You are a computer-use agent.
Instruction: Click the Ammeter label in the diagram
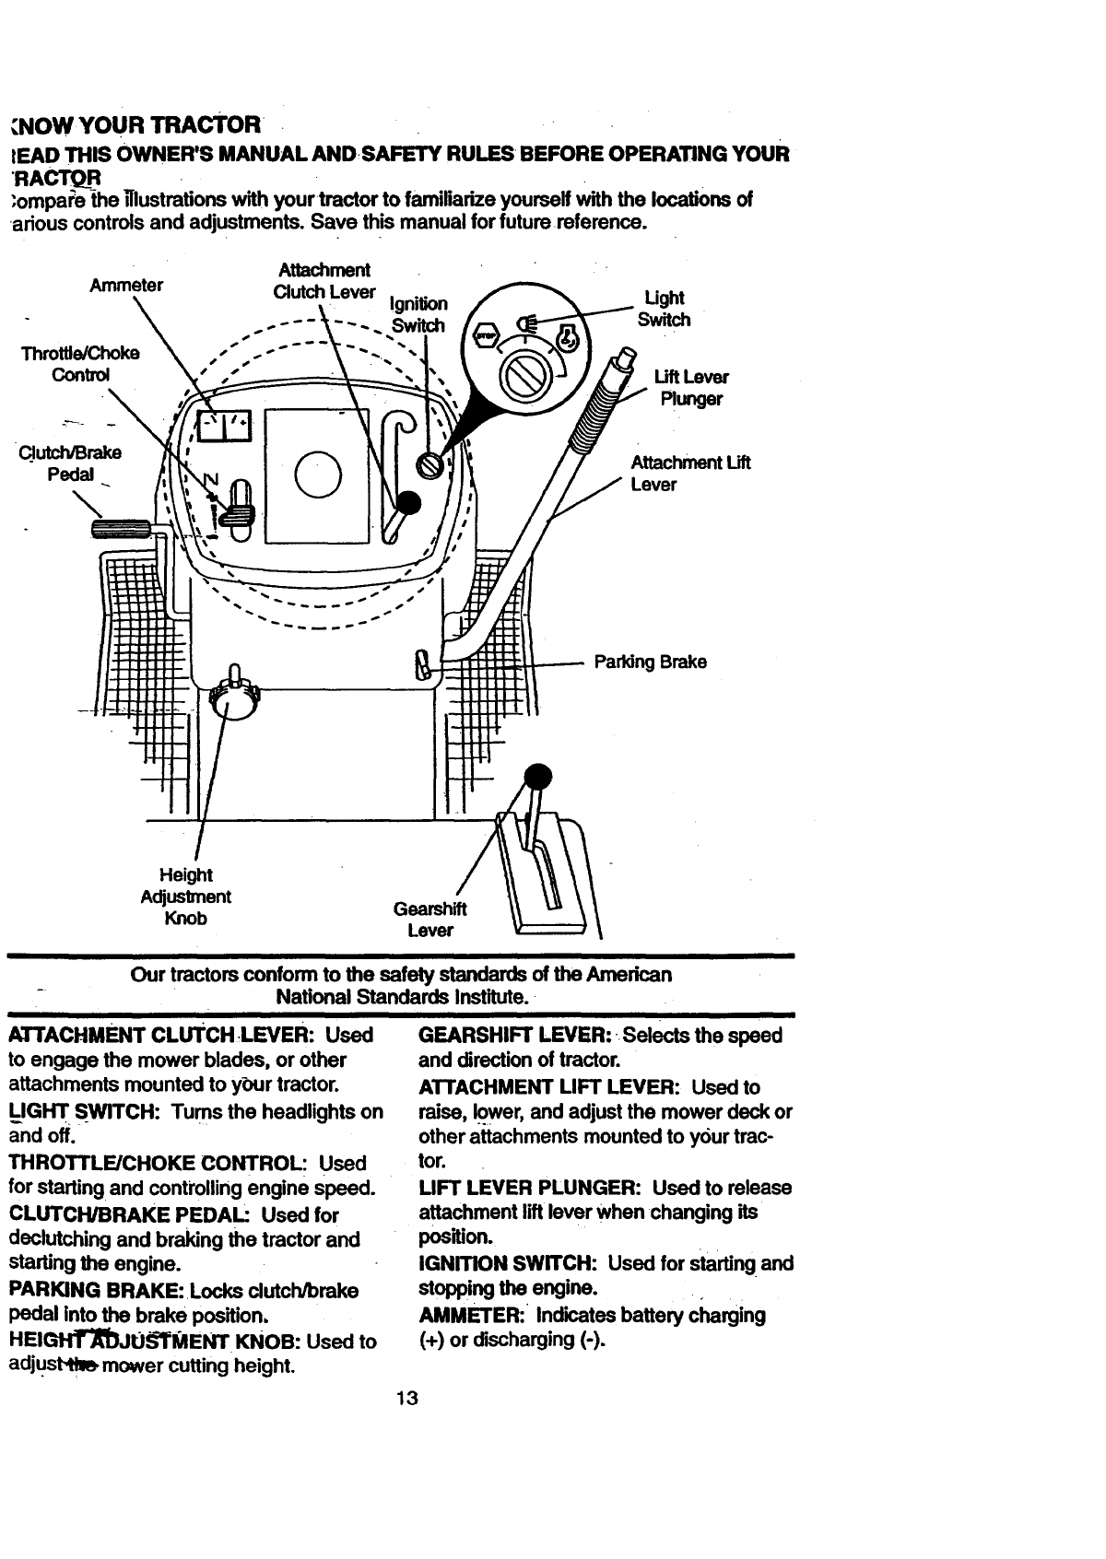click(126, 285)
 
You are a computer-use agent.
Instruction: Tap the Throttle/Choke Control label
click(82, 364)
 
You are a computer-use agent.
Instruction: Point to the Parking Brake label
click(650, 662)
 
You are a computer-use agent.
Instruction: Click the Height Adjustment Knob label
click(185, 897)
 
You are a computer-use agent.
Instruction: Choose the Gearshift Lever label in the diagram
click(430, 920)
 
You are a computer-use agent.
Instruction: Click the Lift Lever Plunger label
click(691, 388)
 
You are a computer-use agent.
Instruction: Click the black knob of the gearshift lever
click(536, 776)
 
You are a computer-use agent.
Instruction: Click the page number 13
click(406, 1399)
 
